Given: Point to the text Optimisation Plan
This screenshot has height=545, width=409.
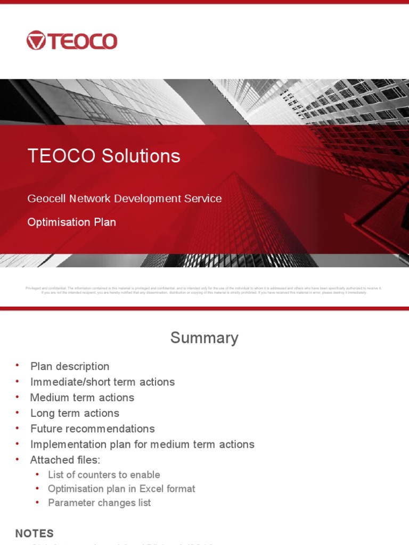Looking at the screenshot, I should point(71,222).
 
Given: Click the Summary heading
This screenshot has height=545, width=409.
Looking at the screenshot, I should point(204,338).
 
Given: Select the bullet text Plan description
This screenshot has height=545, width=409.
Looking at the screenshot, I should point(70,366).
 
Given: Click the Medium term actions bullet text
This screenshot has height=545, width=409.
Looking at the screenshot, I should point(82,398).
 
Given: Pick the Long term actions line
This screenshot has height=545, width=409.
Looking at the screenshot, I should point(75,413).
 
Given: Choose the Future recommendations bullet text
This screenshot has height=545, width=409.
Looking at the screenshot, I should point(92,428).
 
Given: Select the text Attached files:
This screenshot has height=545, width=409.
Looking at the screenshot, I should point(65,459).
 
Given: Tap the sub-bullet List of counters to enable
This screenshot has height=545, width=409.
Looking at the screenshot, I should point(104,474).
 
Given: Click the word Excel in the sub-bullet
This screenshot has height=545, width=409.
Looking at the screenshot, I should point(151,489).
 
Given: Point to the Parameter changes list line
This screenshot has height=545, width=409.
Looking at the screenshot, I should point(99,502).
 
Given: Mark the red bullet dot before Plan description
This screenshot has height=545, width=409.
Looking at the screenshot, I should point(17,365).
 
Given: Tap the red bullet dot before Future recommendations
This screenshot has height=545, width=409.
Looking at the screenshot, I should point(17,427).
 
